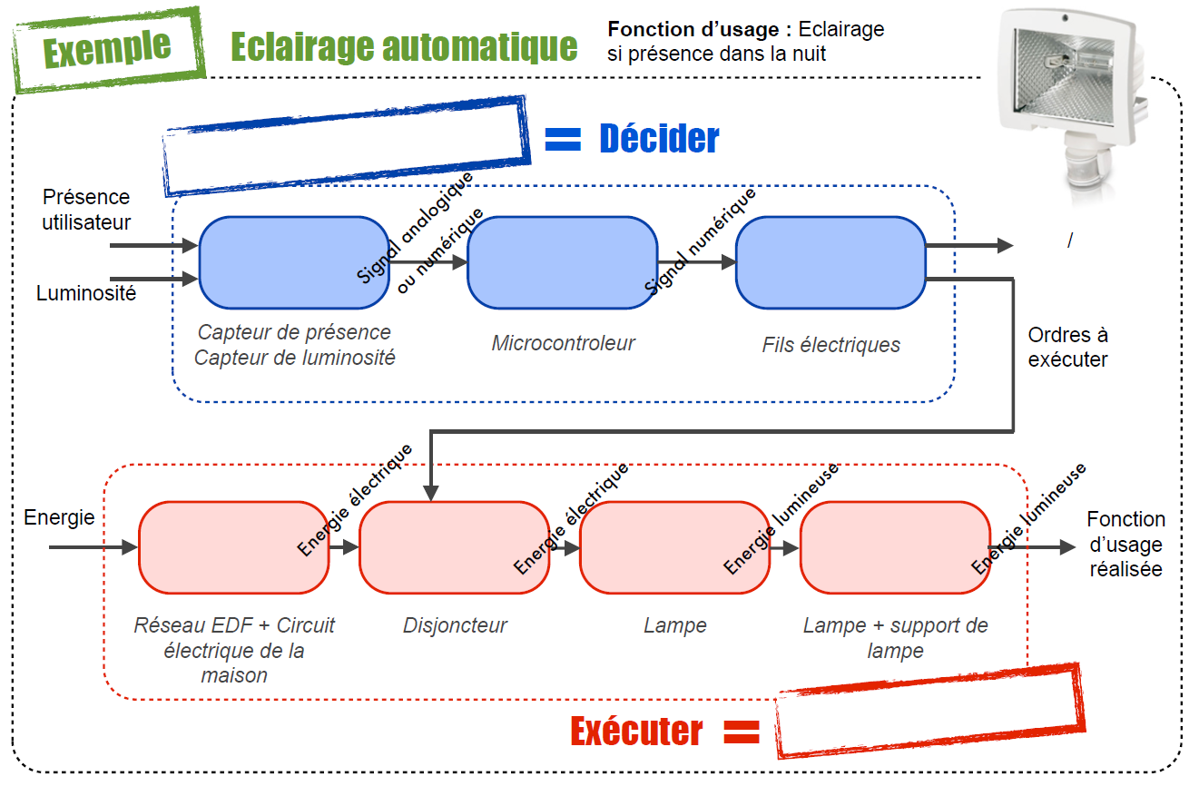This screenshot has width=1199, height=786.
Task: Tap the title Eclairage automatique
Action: pyautogui.click(x=404, y=45)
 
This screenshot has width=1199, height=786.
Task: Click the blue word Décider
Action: pyautogui.click(x=659, y=138)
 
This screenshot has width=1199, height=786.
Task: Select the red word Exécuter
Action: pyautogui.click(x=636, y=731)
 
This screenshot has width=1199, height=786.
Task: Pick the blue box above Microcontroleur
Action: pyautogui.click(x=562, y=262)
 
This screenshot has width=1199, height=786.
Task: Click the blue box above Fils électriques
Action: pyautogui.click(x=830, y=262)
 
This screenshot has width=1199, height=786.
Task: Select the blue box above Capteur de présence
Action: pyautogui.click(x=293, y=262)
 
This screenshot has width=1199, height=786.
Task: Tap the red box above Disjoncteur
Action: pyautogui.click(x=454, y=547)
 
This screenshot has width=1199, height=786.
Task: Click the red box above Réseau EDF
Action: pyautogui.click(x=233, y=547)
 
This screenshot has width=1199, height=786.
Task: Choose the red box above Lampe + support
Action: pyautogui.click(x=895, y=547)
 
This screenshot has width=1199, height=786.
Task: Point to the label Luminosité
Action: pyautogui.click(x=86, y=293)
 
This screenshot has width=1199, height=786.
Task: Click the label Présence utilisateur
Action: pyautogui.click(x=86, y=210)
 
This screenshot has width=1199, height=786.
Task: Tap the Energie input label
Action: pyautogui.click(x=59, y=517)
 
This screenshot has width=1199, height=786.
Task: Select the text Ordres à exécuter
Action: pyautogui.click(x=1067, y=348)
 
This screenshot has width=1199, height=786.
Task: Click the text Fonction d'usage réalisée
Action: pyautogui.click(x=1125, y=544)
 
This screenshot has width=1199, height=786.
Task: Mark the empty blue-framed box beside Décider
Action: pyautogui.click(x=345, y=145)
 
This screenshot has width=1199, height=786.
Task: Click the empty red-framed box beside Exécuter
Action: pyautogui.click(x=930, y=712)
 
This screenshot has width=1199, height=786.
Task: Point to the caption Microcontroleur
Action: pyautogui.click(x=563, y=343)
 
